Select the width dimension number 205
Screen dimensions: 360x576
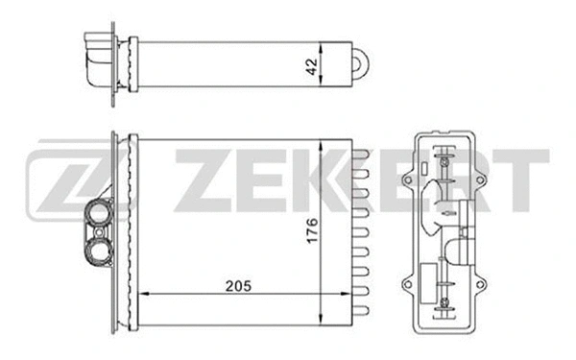(227, 285)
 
